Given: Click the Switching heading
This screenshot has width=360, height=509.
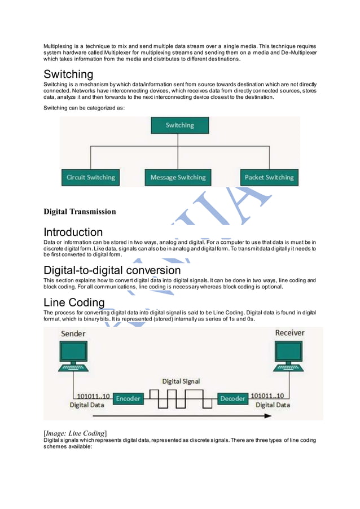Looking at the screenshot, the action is pyautogui.click(x=68, y=74).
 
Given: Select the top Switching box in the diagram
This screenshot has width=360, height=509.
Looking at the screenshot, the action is pyautogui.click(x=179, y=125).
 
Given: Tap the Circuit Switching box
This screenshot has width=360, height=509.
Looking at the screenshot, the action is pyautogui.click(x=90, y=177).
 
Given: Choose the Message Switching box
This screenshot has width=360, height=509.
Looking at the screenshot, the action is pyautogui.click(x=178, y=177).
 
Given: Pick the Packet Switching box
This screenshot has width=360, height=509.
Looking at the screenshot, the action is pyautogui.click(x=269, y=177).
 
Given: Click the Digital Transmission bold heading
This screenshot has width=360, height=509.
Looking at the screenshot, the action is pyautogui.click(x=80, y=212).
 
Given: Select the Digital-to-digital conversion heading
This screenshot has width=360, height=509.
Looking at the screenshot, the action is pyautogui.click(x=112, y=270).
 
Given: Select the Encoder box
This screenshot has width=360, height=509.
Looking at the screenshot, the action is pyautogui.click(x=128, y=398).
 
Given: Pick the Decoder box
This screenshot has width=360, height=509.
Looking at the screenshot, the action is pyautogui.click(x=232, y=398).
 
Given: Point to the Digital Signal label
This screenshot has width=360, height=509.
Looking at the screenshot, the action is pyautogui.click(x=181, y=381).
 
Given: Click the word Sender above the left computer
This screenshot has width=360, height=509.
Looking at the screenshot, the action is pyautogui.click(x=73, y=334).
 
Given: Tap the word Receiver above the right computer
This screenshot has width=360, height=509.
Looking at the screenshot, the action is pyautogui.click(x=289, y=333).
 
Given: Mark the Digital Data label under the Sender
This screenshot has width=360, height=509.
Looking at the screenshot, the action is pyautogui.click(x=86, y=405).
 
